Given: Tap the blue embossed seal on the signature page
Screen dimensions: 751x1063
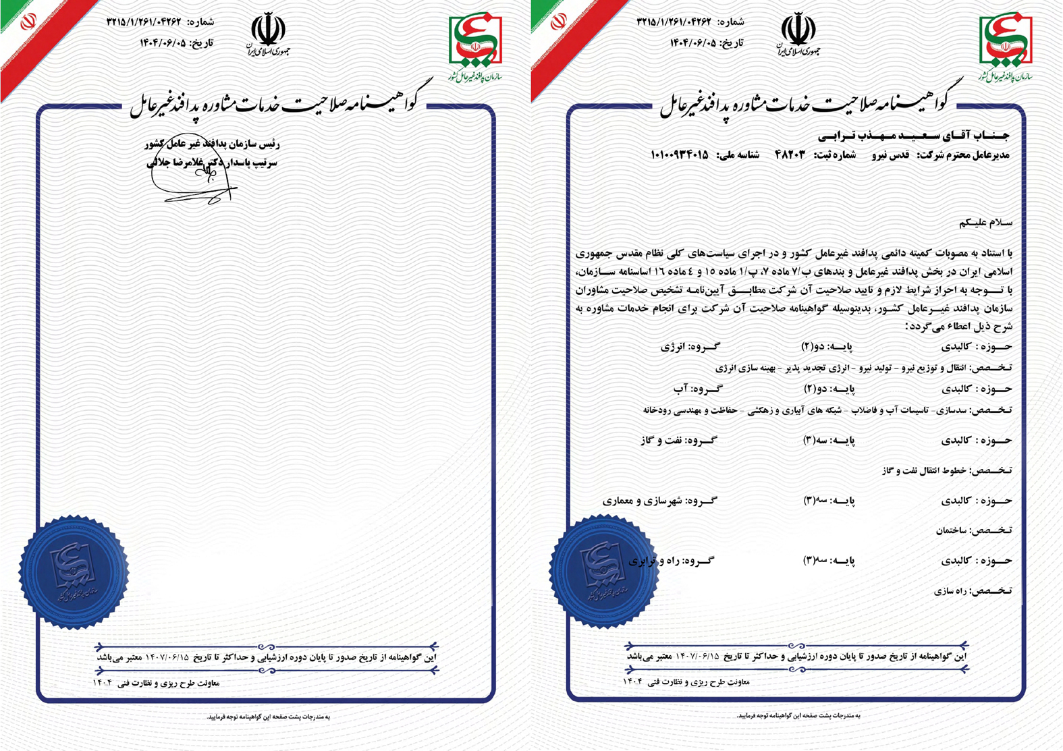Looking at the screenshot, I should tap(73, 572).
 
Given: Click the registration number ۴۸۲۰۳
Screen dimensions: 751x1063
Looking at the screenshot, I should tap(790, 155).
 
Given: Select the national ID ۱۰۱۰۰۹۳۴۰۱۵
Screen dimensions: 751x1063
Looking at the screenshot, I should tap(680, 155).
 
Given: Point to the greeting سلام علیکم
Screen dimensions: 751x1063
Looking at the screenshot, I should tap(985, 222).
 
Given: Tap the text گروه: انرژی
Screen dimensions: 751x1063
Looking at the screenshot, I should tap(690, 347).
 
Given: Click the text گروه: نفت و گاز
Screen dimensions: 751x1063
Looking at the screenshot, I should tap(678, 441).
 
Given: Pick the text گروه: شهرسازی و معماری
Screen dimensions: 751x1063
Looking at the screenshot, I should tap(659, 501).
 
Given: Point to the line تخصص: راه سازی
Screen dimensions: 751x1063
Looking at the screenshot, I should tap(973, 591).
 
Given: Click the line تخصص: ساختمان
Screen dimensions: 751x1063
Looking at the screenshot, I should tap(973, 531).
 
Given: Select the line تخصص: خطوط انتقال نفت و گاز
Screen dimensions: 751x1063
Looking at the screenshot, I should tap(946, 471).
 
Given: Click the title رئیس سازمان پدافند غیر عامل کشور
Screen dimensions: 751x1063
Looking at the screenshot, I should tap(212, 144).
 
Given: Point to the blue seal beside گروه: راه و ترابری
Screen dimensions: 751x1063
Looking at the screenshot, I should tap(603, 572).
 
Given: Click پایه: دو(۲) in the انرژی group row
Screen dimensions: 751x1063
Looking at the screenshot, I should tap(826, 347).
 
